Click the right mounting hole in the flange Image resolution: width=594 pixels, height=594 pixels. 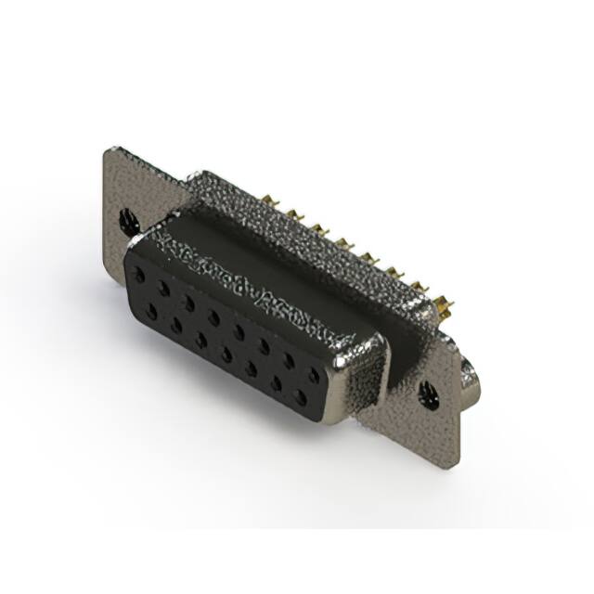pos(430,395)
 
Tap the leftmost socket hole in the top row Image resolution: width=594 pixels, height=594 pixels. pos(139,276)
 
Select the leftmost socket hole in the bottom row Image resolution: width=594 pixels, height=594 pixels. pos(151,311)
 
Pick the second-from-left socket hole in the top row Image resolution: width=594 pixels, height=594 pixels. pos(164,289)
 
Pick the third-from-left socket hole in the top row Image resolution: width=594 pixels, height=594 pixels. pos(189,303)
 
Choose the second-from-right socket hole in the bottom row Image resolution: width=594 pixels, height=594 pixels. pos(276,382)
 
